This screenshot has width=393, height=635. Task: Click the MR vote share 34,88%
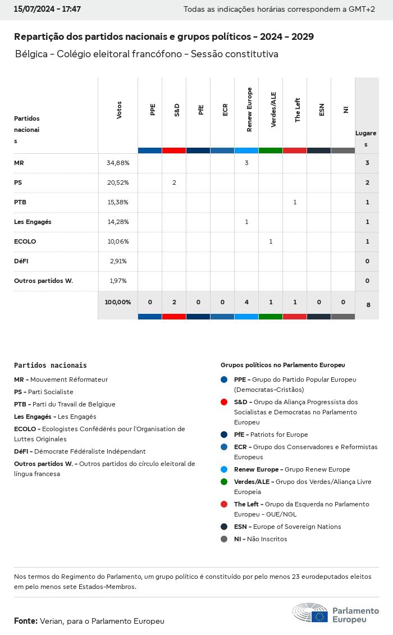point(118,163)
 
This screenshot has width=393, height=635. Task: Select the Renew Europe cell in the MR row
point(246,163)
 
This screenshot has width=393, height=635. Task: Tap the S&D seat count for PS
point(174,182)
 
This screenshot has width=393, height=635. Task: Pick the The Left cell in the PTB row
point(295,202)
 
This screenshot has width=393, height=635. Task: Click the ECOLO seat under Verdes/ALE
point(271,241)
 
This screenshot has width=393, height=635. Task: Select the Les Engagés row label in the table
point(33,222)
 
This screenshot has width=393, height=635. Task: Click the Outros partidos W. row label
point(43,281)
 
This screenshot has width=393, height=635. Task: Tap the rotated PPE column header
point(153,110)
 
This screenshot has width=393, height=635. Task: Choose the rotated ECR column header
point(225,110)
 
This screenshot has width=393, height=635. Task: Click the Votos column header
point(119,110)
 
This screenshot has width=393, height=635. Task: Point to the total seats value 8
point(368,305)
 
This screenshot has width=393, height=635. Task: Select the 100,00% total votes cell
point(118,302)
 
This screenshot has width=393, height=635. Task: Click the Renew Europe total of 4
point(246,302)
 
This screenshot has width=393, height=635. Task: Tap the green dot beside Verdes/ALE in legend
point(224,482)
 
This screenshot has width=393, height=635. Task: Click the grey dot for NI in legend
point(224,539)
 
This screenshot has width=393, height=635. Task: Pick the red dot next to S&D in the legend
point(224,402)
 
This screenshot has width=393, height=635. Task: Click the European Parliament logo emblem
point(310,613)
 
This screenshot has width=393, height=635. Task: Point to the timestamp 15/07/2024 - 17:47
point(47,10)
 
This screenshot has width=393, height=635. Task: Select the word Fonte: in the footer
point(26,621)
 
